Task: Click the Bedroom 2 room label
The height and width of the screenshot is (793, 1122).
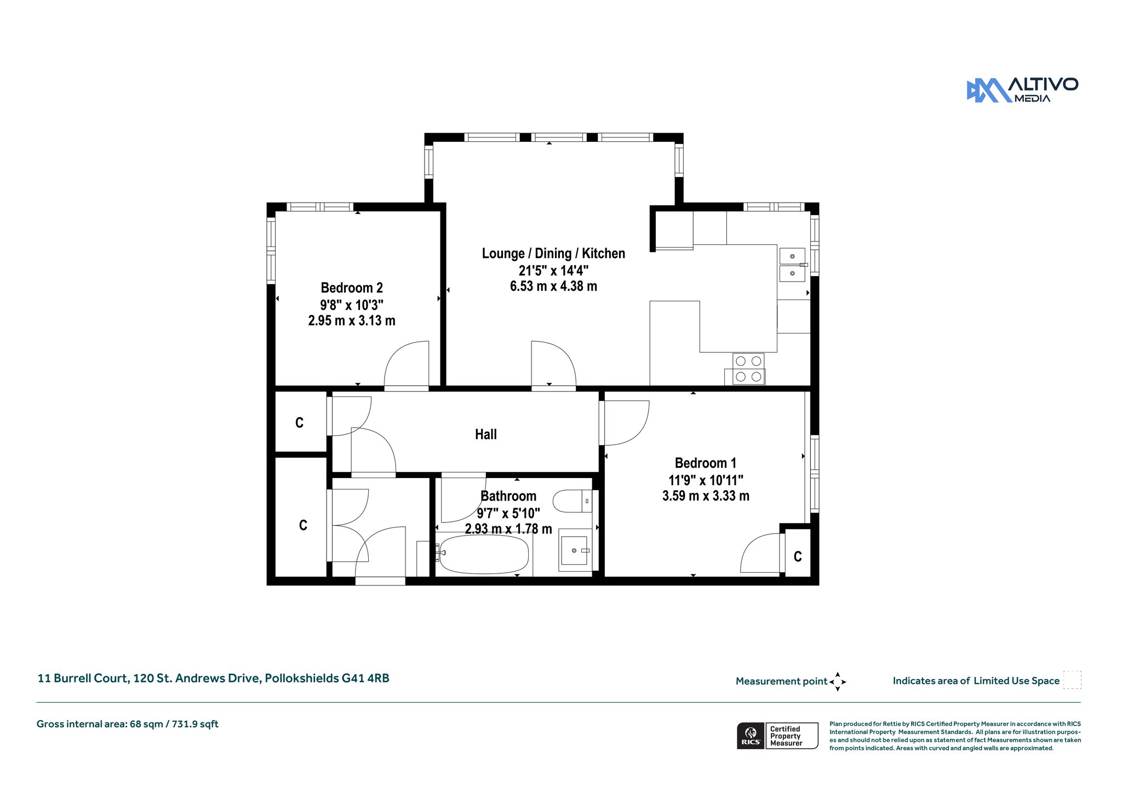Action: click(x=352, y=288)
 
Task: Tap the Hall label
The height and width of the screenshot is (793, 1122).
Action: click(x=486, y=434)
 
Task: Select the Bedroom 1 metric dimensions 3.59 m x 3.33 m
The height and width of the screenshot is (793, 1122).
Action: click(x=706, y=496)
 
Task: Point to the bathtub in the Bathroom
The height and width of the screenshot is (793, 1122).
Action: click(x=484, y=554)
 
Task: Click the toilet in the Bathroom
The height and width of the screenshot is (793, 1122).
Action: click(x=572, y=501)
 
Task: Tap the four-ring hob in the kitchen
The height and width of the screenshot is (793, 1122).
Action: click(x=748, y=369)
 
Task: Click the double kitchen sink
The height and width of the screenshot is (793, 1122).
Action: click(x=792, y=265)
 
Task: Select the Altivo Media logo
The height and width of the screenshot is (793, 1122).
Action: click(x=1022, y=90)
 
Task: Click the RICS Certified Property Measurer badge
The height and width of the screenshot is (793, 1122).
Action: click(x=777, y=735)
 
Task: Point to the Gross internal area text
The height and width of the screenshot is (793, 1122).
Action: click(x=128, y=724)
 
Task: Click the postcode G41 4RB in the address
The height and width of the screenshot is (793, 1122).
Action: click(x=365, y=678)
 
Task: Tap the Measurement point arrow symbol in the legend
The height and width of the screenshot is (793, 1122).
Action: click(x=838, y=682)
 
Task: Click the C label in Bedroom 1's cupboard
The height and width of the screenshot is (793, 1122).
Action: click(x=798, y=557)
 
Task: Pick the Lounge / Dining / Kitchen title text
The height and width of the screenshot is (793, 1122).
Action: click(x=553, y=253)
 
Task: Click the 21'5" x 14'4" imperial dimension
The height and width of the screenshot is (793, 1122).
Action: click(x=553, y=270)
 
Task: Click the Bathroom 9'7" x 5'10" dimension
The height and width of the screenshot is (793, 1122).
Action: click(x=508, y=513)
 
